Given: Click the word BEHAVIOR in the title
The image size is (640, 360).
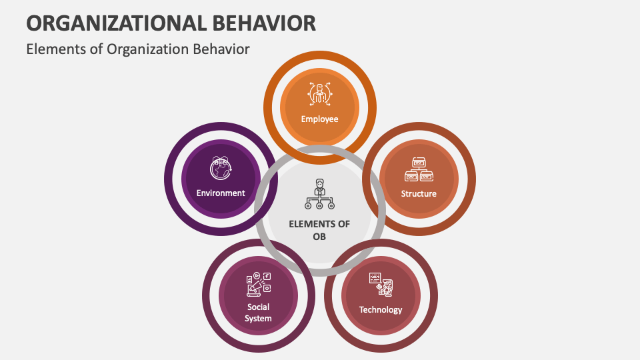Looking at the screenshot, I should (x=265, y=23).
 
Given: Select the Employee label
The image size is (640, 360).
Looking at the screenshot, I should (x=319, y=119).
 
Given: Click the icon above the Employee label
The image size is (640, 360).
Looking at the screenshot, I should (x=319, y=94).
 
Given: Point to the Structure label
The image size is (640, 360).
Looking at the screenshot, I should (x=419, y=194).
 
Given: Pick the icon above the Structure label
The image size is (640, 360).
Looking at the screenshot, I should (x=419, y=169).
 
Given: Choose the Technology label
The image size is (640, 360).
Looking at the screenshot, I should (x=381, y=309).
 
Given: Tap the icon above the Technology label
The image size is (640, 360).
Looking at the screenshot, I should (x=381, y=283).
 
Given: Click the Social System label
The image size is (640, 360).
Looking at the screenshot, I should (x=258, y=313).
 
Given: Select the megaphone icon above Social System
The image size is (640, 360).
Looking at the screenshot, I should (x=258, y=284).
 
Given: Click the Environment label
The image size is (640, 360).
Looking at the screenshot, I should (x=221, y=193).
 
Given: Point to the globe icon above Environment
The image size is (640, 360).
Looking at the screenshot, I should (x=220, y=169).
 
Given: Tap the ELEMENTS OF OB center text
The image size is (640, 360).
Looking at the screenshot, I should (x=319, y=230).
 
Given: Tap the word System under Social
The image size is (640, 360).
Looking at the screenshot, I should (x=258, y=319).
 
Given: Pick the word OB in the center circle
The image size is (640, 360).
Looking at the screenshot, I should (x=319, y=237).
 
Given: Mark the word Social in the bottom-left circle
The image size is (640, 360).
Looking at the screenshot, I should (x=258, y=307).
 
